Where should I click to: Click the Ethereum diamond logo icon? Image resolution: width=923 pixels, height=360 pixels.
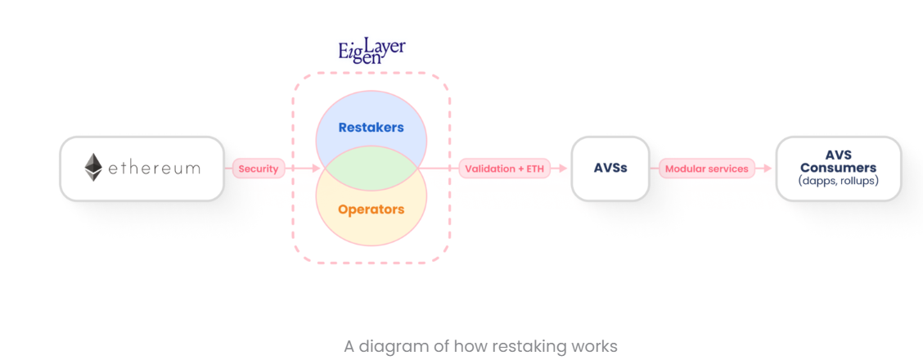click(x=94, y=168)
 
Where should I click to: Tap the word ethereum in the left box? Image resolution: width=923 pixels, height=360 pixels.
click(x=154, y=169)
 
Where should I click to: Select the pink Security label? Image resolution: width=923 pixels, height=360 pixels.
click(x=259, y=169)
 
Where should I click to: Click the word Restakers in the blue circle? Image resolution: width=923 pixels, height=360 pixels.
click(x=371, y=128)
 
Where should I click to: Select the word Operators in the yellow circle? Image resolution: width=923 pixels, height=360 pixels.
click(x=371, y=209)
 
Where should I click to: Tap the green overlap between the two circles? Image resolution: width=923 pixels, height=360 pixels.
click(x=371, y=169)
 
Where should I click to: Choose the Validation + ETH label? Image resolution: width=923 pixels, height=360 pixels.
click(x=504, y=169)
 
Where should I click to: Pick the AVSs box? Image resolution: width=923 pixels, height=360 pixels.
click(x=610, y=169)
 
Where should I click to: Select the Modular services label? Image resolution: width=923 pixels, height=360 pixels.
click(x=706, y=169)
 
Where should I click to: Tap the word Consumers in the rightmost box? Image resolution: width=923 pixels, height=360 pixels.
click(x=838, y=168)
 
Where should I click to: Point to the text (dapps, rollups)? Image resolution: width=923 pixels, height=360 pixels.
click(x=838, y=181)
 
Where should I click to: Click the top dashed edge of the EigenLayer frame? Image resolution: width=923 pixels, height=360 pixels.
click(x=371, y=74)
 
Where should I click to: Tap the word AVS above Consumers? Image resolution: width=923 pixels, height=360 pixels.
click(x=838, y=155)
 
